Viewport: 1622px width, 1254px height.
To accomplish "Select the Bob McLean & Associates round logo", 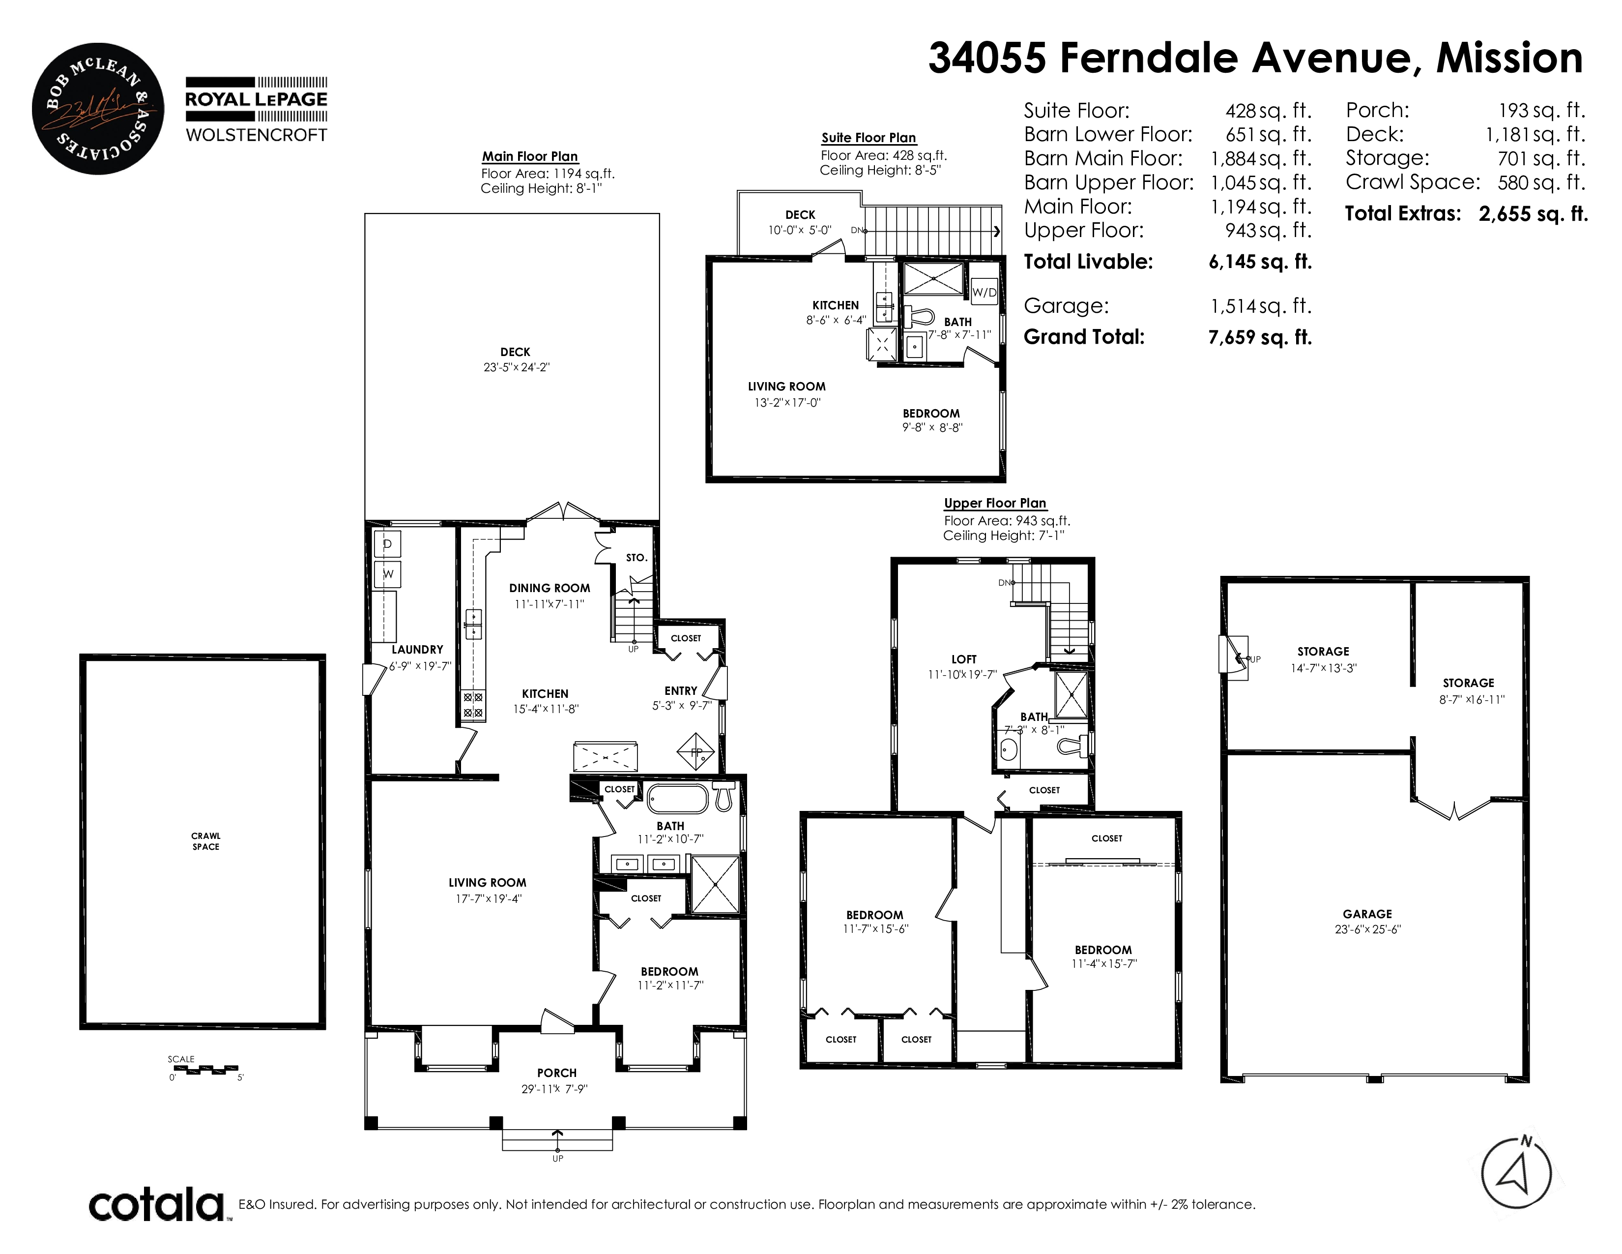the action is pyautogui.click(x=98, y=109).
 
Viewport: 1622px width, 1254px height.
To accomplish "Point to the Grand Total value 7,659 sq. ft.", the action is pyautogui.click(x=1260, y=337).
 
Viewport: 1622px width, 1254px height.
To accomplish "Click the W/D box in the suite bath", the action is pyautogui.click(x=984, y=292).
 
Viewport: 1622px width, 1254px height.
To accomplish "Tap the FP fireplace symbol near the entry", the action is pyautogui.click(x=696, y=752).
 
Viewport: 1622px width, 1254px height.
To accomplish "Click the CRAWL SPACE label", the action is pyautogui.click(x=206, y=841).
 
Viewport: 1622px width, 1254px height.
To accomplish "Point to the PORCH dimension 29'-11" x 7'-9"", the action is pyautogui.click(x=555, y=1089).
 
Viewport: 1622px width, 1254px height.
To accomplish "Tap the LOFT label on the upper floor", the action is pyautogui.click(x=964, y=659).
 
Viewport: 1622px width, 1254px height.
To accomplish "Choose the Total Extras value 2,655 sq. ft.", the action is pyautogui.click(x=1533, y=214).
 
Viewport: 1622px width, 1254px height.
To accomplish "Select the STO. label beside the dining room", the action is pyautogui.click(x=637, y=557).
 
